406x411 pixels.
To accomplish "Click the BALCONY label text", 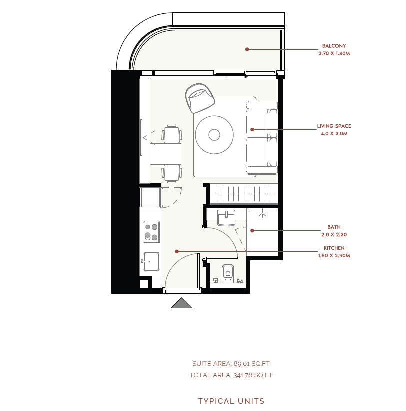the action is coord(334,46).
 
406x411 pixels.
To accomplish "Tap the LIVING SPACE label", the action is coord(334,126).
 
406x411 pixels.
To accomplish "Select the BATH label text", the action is coord(334,227).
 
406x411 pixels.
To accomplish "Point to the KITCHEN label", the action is coord(334,248).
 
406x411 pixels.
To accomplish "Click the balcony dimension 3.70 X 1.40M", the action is coord(334,53).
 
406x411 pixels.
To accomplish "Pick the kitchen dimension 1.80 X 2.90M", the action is coord(334,256).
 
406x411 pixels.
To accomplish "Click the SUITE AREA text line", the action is coord(231,364).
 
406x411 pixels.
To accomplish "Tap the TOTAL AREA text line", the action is coord(231,375).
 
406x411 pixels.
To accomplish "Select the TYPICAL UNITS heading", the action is coord(231,401).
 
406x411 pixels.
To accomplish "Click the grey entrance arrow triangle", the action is coord(181,304).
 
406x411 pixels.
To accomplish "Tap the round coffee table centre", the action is coord(214,135).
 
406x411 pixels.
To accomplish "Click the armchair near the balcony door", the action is coord(200,98).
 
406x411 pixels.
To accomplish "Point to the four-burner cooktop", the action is coord(152,232).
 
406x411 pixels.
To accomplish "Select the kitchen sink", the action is coord(151,261).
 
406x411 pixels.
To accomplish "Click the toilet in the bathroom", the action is coord(228,274).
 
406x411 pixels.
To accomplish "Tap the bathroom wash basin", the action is coord(226,218).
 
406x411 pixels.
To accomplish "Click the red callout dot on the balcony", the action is coord(247,49).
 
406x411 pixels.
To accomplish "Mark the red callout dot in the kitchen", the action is coord(177,251).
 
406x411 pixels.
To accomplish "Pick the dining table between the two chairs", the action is coord(166,154).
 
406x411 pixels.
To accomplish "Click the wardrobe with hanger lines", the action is coord(244,194).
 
